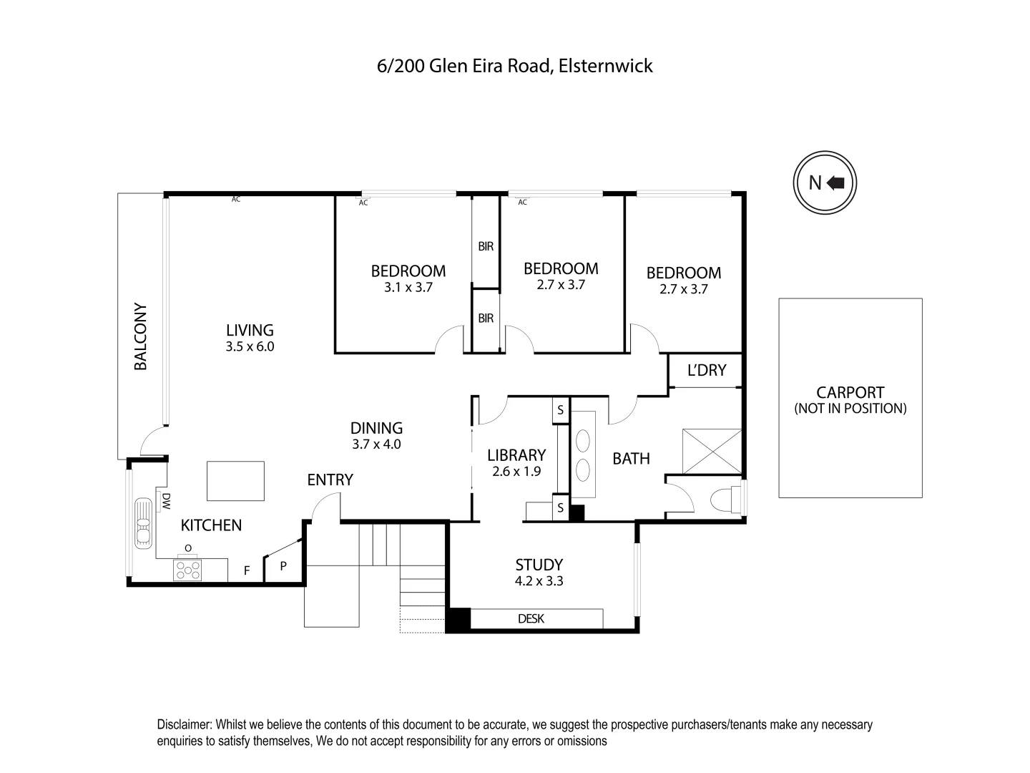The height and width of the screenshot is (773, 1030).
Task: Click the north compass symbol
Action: coord(825,183)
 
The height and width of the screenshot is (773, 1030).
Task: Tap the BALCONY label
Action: coord(141,337)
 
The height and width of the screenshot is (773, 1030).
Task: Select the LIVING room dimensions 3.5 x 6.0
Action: coord(250,347)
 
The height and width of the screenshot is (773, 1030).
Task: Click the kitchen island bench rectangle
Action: coord(235,481)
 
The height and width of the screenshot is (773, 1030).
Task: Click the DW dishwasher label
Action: coord(165,501)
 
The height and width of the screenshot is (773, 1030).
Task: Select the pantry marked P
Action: coord(283,566)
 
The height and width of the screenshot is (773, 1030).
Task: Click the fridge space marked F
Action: coord(247,570)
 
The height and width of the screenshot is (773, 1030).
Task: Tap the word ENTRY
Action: coord(330,480)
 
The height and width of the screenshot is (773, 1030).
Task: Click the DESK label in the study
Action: coord(531,618)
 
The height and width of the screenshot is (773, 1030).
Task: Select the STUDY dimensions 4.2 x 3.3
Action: coord(539,581)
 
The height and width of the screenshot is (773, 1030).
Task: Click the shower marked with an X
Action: coord(712,451)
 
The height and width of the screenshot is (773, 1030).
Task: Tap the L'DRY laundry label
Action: coord(706,370)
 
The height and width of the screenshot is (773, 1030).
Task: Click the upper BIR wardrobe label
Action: coord(486,247)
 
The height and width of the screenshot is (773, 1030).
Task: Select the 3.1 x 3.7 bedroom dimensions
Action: coord(408,288)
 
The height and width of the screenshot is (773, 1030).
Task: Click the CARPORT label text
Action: coord(850,392)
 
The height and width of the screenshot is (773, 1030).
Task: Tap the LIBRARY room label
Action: coord(516,455)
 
